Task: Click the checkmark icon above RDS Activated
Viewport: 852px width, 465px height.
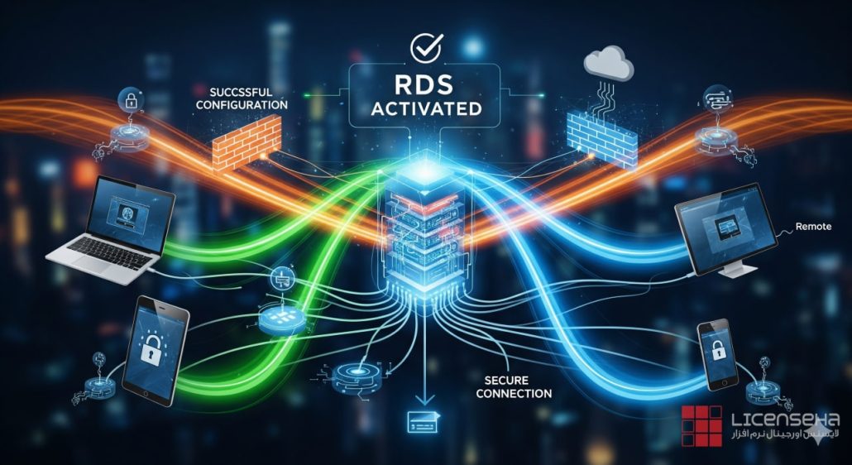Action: coord(426,46)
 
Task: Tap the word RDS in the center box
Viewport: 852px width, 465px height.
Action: coord(426,84)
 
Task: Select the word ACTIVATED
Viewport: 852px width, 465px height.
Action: coord(427,108)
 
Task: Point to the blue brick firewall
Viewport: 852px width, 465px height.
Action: coord(604,135)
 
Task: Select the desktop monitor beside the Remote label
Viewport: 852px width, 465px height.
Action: coord(725,231)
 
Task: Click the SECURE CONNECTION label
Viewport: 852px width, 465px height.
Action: coord(513,386)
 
